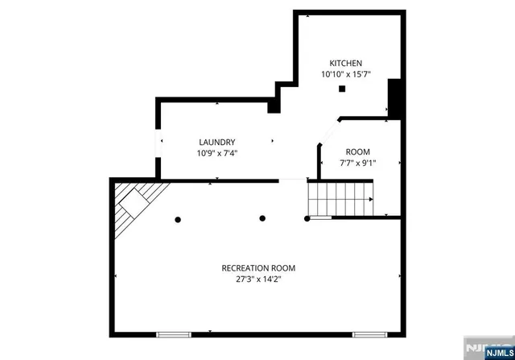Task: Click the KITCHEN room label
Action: pyautogui.click(x=346, y=63)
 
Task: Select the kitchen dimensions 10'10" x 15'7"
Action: pyautogui.click(x=346, y=74)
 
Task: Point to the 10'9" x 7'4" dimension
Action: pyautogui.click(x=217, y=153)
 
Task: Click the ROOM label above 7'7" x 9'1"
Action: pyautogui.click(x=358, y=151)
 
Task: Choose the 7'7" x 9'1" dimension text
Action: pyautogui.click(x=358, y=163)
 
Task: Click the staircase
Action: pyautogui.click(x=340, y=198)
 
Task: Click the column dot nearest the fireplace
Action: pyautogui.click(x=178, y=218)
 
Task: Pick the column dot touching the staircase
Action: pyautogui.click(x=307, y=218)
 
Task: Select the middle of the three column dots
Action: pyautogui.click(x=262, y=218)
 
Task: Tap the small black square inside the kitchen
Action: pyautogui.click(x=342, y=89)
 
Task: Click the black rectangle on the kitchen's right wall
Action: pyautogui.click(x=394, y=97)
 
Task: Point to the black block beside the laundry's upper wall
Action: pyautogui.click(x=274, y=102)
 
